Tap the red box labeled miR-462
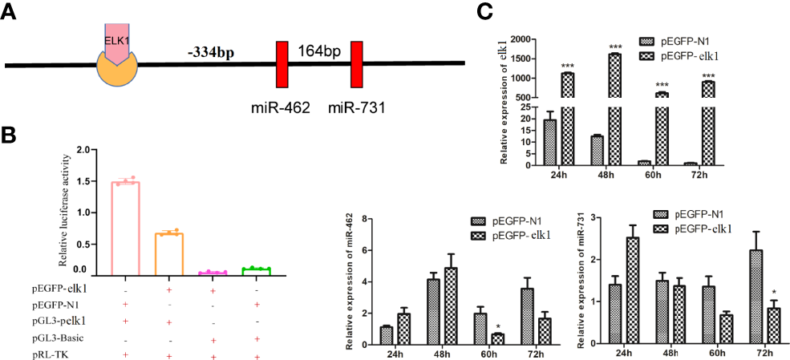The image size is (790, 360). pyautogui.click(x=282, y=64)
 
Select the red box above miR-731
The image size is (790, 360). pyautogui.click(x=356, y=64)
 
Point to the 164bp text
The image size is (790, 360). pyautogui.click(x=319, y=51)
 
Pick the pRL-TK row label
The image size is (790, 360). pyautogui.click(x=52, y=354)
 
